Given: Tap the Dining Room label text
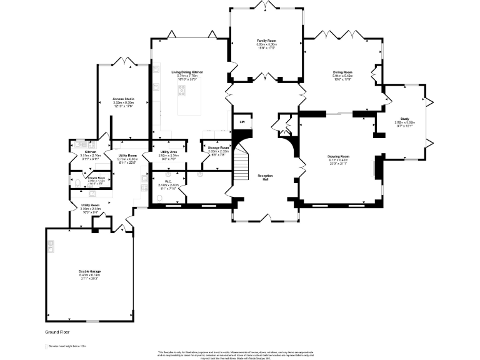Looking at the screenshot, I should click(343, 72).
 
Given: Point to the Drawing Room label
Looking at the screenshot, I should click(338, 156).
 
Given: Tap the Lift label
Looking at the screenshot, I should click(242, 122).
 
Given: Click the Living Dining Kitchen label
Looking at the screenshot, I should click(187, 72).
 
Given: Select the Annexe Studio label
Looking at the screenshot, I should click(123, 99).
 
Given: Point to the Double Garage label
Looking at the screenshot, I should click(90, 271).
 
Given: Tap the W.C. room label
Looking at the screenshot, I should click(168, 181).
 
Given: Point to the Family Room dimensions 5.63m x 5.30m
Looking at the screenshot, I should click(267, 44).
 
